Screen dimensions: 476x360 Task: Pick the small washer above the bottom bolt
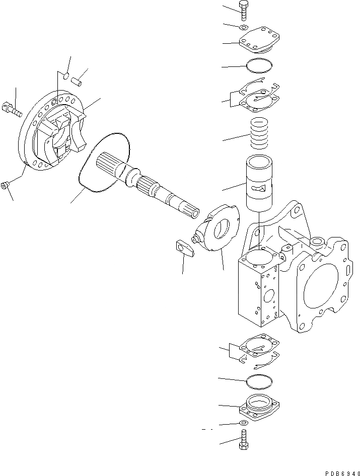[x=244, y=423]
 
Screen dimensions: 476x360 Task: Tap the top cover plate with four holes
[x=257, y=42]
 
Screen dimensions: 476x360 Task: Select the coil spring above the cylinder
[x=259, y=133]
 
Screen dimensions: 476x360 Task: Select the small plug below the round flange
[x=5, y=186]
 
